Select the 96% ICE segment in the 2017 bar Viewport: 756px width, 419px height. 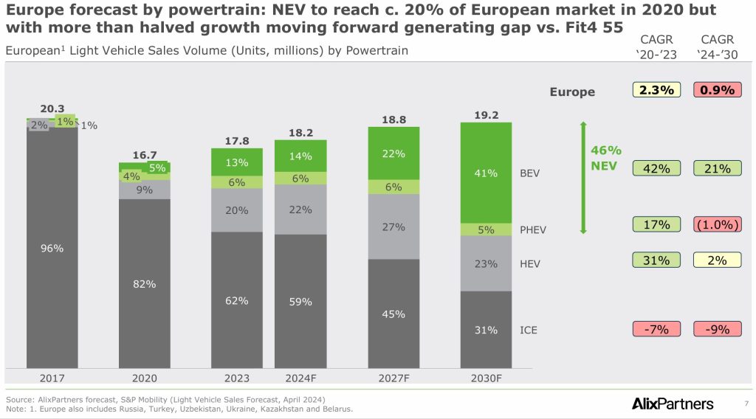tap(52, 249)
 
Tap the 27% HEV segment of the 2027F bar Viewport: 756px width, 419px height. tap(394, 226)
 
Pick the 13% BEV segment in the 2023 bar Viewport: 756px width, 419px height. tap(237, 162)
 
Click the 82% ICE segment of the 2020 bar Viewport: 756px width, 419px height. tap(144, 283)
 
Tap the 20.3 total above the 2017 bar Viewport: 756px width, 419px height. tap(52, 109)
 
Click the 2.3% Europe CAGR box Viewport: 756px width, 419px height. tap(656, 91)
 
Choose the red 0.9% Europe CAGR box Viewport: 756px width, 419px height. tap(718, 91)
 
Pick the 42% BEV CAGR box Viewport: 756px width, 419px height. tap(656, 168)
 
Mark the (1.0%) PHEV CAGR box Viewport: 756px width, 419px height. tap(718, 225)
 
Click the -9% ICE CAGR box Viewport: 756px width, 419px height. tap(718, 329)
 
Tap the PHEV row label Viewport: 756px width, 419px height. tap(533, 229)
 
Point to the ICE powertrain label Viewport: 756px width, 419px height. tap(529, 330)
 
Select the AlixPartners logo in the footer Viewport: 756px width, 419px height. tap(673, 404)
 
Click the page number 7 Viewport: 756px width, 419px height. tap(746, 404)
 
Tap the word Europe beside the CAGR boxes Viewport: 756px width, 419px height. tap(572, 92)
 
